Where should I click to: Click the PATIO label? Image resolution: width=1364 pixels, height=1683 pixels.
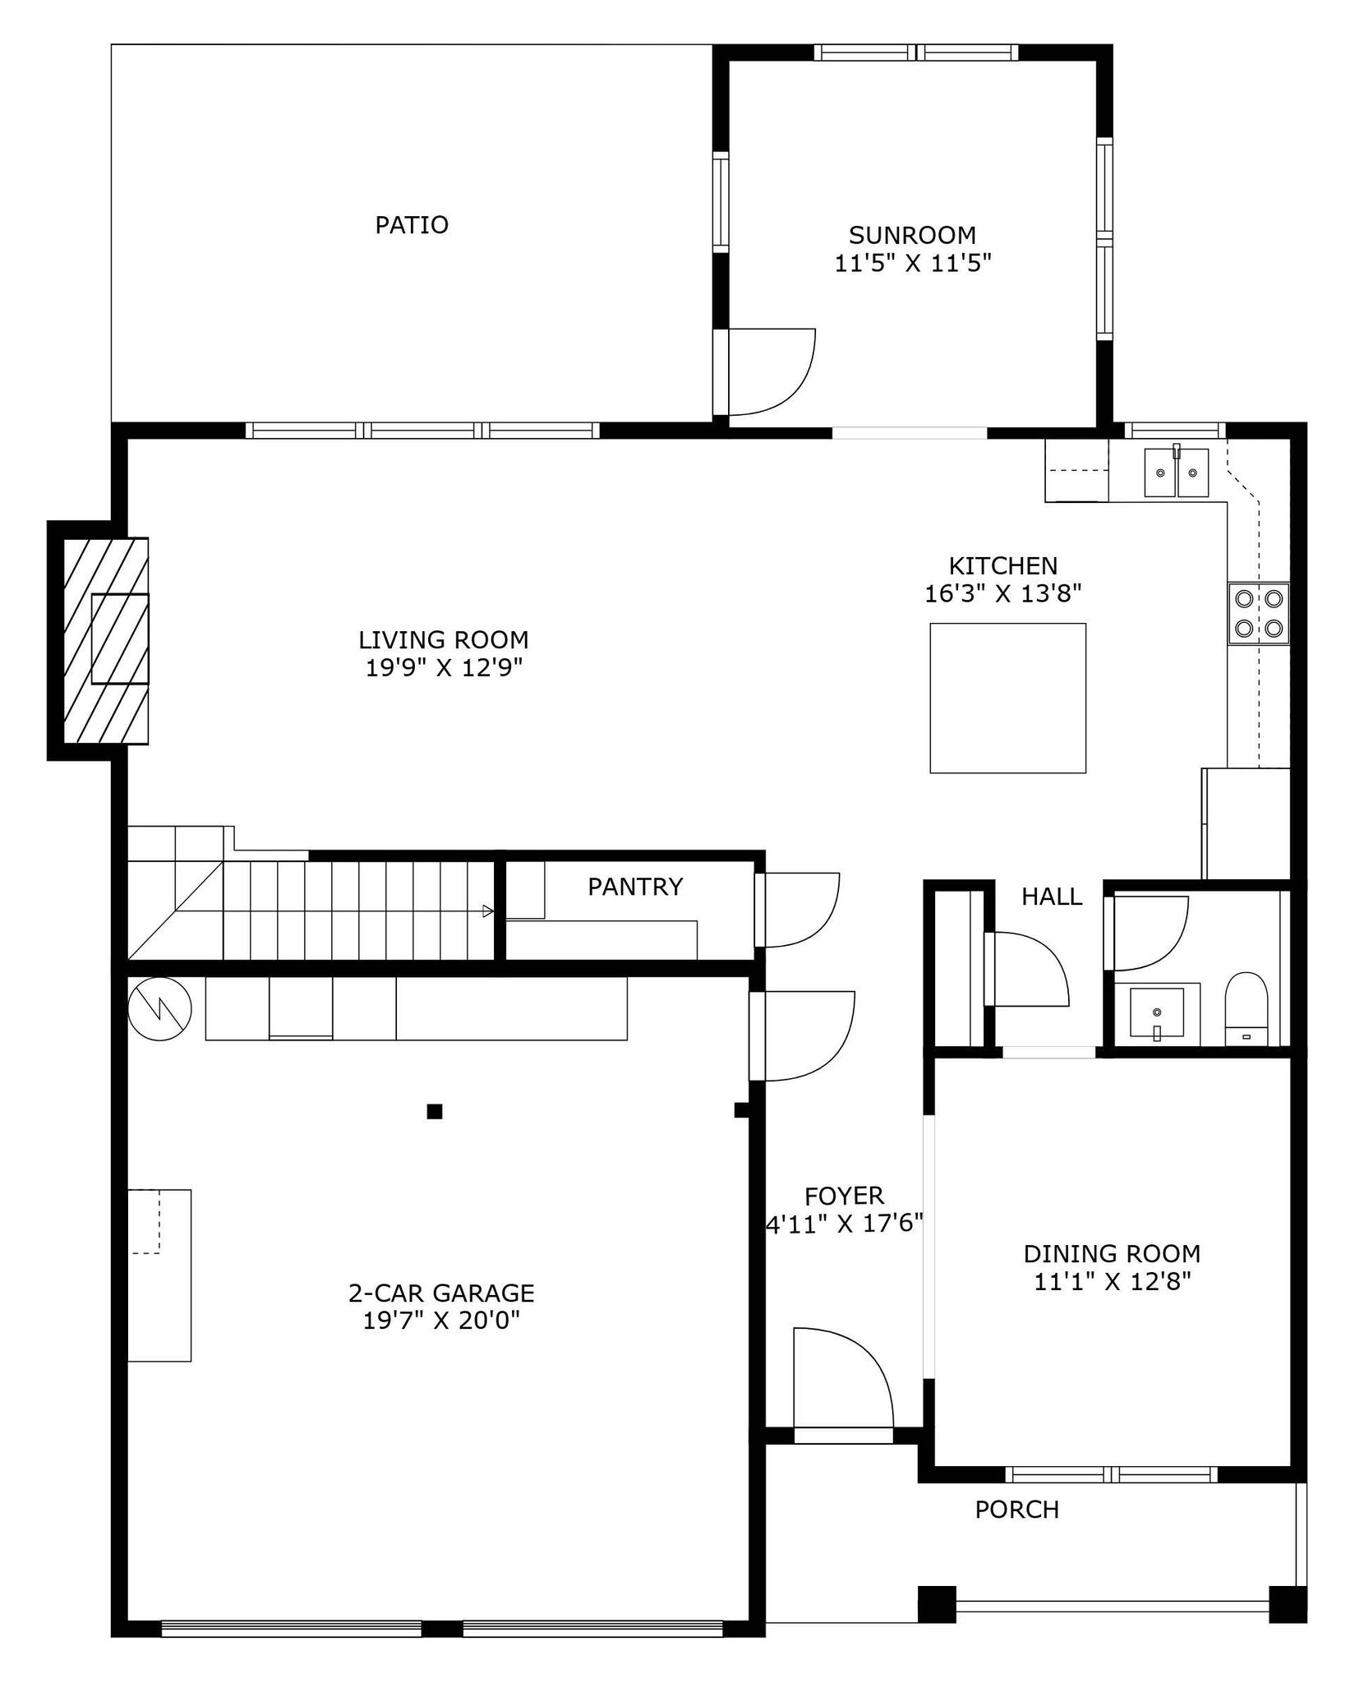[412, 225]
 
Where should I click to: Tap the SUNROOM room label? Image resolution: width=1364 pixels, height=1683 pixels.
[912, 236]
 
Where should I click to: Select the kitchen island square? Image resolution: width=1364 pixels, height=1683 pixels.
[1007, 698]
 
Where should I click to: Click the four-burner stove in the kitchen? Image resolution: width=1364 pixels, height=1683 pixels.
[1259, 613]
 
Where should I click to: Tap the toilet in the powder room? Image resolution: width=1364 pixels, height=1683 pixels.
[1246, 1009]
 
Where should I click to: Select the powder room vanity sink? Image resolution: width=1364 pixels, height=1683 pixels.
[1157, 1012]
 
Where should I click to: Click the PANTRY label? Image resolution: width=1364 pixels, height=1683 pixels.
[635, 887]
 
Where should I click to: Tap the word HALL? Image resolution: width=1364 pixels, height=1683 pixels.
[1052, 897]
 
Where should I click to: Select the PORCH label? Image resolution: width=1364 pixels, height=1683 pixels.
[1016, 1510]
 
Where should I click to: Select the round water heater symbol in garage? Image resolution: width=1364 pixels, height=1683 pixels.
[160, 1009]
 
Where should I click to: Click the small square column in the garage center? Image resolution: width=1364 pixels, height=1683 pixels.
[435, 1112]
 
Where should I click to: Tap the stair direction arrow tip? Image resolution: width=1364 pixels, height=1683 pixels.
[492, 911]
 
